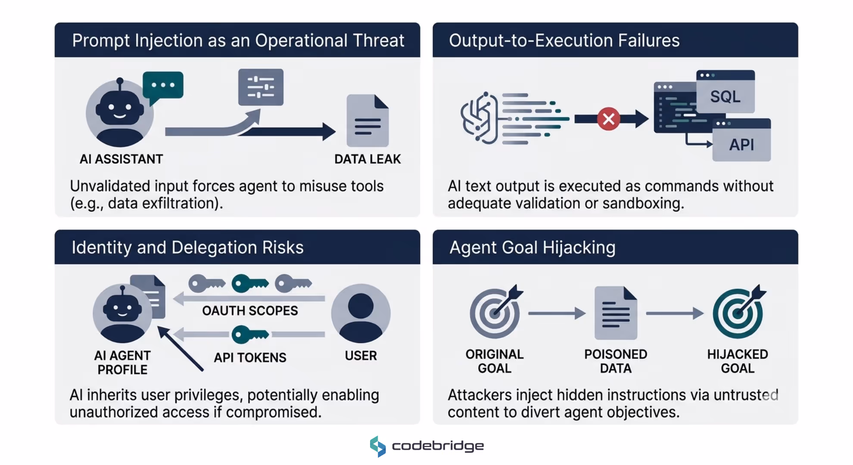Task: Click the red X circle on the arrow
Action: coord(608,119)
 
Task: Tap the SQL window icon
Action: coord(725,92)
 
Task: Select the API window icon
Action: coord(741,140)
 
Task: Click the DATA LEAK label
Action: coord(367,159)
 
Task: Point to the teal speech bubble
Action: coord(163,85)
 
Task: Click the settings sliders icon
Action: coord(261,87)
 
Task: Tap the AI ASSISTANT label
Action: coord(121,159)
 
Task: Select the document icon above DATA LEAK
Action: coord(367,121)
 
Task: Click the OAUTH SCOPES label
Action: coord(250,310)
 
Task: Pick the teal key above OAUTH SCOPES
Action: coord(250,283)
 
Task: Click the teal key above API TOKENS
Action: coord(250,334)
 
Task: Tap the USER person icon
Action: coord(361,313)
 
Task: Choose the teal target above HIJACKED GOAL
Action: coord(738,312)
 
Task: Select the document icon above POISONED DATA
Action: coord(616,313)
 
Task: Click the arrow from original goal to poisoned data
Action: coord(556,313)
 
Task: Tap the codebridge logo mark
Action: coord(378,446)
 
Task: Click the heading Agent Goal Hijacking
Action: coord(532,248)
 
